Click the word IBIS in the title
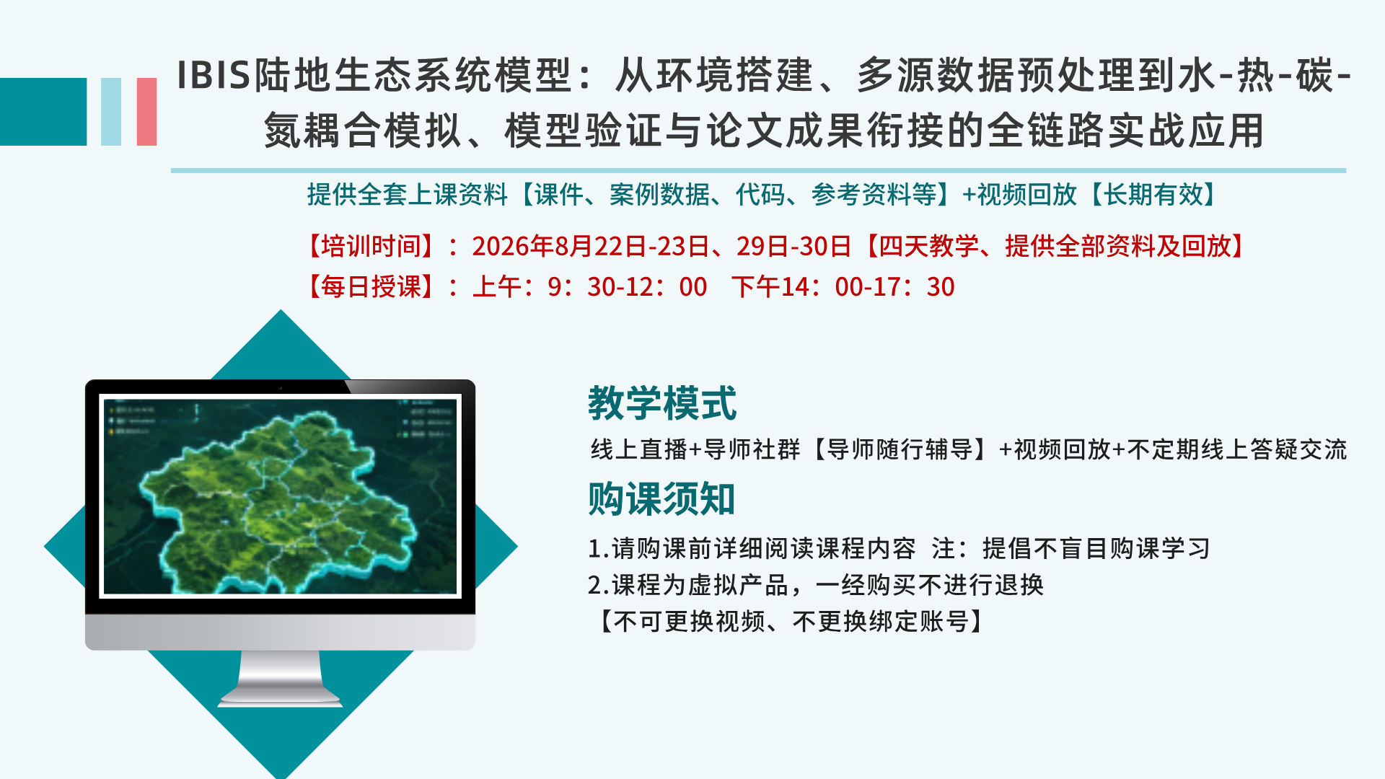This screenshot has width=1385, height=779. point(214,75)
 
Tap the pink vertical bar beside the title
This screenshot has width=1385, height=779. point(146,112)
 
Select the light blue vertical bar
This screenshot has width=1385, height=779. point(111,112)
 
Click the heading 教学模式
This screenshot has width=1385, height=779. point(662,402)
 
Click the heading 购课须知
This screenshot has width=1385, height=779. point(661,499)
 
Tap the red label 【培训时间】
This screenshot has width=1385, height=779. point(371,247)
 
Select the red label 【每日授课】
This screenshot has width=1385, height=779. point(371,287)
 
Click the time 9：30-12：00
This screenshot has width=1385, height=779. point(628,287)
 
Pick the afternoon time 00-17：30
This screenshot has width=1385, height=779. point(894,287)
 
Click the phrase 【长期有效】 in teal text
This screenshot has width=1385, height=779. point(1153,195)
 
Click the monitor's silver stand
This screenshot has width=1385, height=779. point(281,678)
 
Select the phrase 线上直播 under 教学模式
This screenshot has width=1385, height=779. point(639,449)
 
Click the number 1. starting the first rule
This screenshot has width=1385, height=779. point(599,549)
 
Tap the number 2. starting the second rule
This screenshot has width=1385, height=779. point(599,585)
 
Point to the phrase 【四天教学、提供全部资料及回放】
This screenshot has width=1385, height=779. point(1055,247)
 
